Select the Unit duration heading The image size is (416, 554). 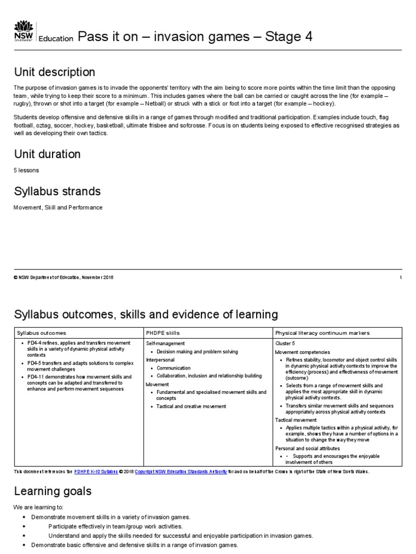coord(47,154)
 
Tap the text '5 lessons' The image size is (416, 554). coord(26,170)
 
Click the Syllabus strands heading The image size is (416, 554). coord(57,192)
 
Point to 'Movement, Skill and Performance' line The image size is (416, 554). coord(58,207)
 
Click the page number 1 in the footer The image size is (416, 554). coord(400,278)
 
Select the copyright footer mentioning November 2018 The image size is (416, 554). coord(64,278)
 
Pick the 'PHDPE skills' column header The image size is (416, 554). coord(163,333)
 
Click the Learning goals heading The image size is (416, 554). coord(53,491)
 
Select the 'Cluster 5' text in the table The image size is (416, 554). coord(286,343)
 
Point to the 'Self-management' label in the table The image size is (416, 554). coord(165,343)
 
